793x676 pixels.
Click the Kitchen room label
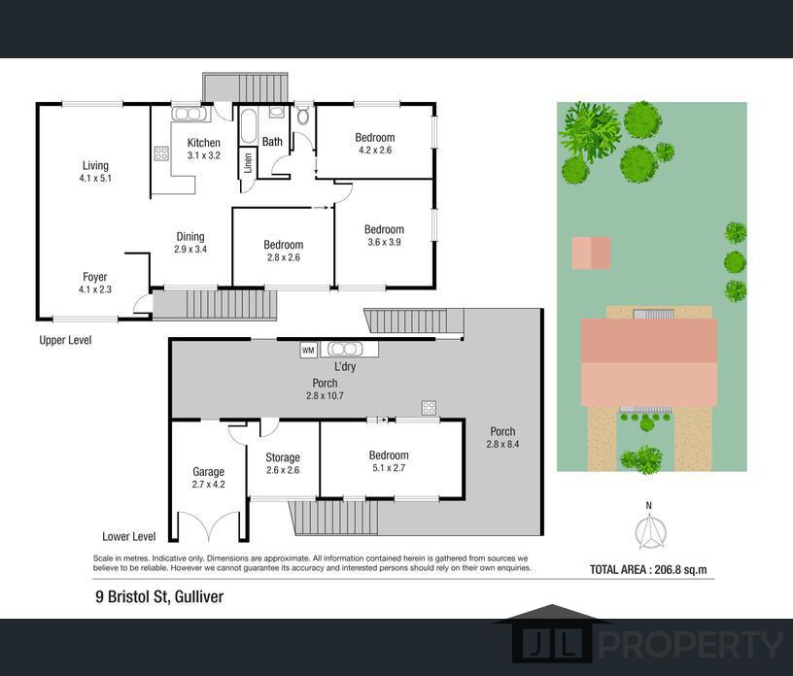tap(203, 143)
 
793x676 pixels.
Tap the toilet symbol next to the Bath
tap(303, 116)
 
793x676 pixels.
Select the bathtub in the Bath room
tap(249, 126)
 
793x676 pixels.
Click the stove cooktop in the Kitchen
tap(161, 153)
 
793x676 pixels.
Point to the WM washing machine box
tap(308, 350)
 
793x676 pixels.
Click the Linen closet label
tap(248, 163)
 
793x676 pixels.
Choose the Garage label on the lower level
tap(208, 472)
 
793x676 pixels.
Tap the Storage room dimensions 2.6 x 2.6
tap(283, 470)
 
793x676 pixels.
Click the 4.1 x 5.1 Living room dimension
tap(95, 178)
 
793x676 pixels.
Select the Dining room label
tap(190, 237)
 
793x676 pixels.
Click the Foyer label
tap(95, 277)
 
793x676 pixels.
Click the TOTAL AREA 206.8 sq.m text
tap(648, 570)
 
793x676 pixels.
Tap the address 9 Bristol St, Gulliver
tap(159, 596)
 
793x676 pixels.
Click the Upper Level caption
tap(65, 340)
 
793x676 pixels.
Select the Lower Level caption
tap(129, 536)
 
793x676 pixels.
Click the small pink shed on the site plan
tap(591, 253)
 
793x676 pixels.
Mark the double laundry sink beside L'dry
tap(345, 349)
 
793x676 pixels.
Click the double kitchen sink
tap(190, 114)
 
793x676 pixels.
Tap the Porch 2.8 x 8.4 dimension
tap(502, 444)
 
